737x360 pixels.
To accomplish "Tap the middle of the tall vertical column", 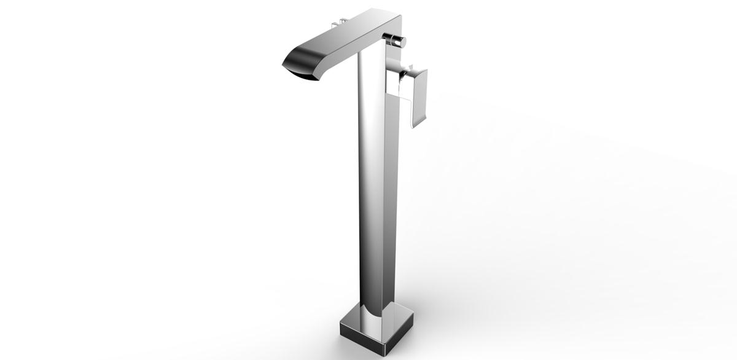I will [x=372, y=184].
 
